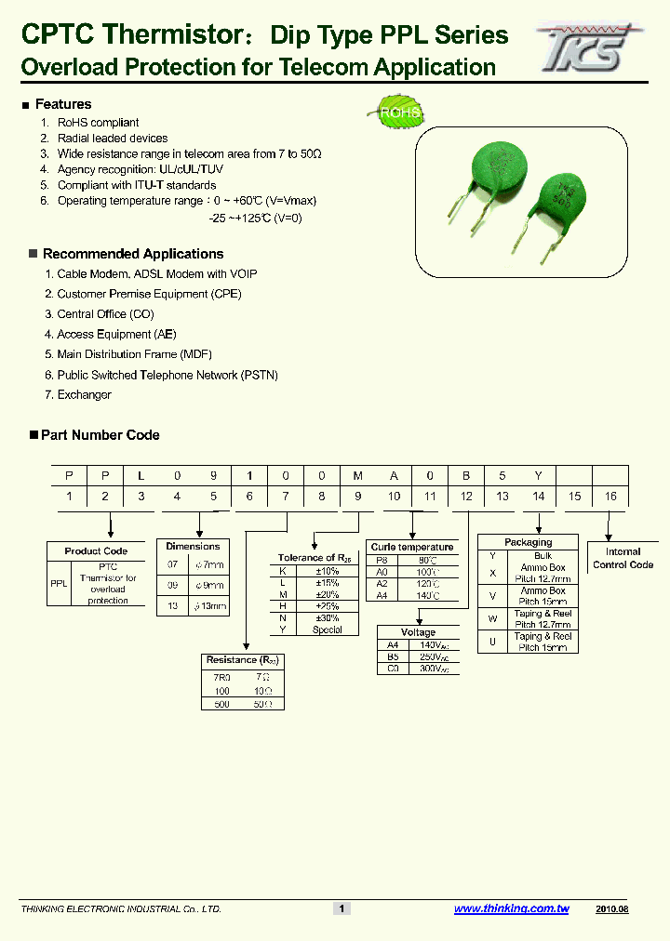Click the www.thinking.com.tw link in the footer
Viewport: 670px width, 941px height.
coord(511,908)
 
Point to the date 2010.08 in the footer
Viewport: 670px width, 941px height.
coord(612,908)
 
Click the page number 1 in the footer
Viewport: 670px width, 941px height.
coord(342,908)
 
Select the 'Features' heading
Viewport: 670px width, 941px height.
coord(63,104)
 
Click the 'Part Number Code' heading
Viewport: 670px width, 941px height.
coord(100,435)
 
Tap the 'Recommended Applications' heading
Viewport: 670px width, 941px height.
coord(133,254)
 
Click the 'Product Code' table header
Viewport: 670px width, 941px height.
coord(96,551)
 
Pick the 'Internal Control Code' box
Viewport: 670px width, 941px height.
coord(623,558)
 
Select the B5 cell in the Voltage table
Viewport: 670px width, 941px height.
coord(393,656)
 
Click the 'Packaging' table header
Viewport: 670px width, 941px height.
coord(528,542)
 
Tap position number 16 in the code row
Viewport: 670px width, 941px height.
coord(610,497)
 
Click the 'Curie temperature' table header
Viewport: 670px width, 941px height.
coord(411,547)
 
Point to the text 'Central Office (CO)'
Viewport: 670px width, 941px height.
coord(105,314)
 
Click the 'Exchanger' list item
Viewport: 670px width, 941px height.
coord(84,395)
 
